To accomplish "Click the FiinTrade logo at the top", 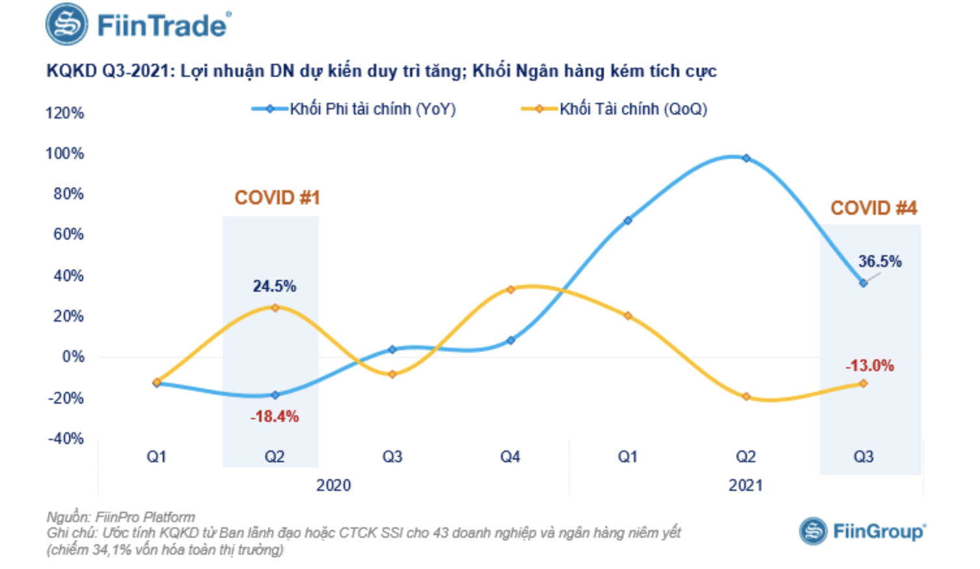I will click(x=138, y=25).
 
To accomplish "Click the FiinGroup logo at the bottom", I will click(x=862, y=531).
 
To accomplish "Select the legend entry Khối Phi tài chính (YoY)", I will click(x=354, y=109).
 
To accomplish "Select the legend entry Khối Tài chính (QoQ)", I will click(x=614, y=109).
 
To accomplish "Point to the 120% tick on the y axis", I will click(x=64, y=113).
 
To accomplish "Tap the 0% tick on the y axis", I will click(x=73, y=357).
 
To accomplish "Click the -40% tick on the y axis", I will click(x=66, y=438).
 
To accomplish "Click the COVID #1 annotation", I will click(x=277, y=197).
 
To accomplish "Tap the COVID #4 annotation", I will click(x=873, y=208).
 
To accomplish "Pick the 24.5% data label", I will click(x=274, y=286).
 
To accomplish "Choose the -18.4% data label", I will click(x=275, y=416).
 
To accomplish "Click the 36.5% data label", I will click(x=880, y=261).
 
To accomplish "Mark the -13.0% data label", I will click(x=869, y=365).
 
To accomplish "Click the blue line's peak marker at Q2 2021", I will click(x=746, y=158).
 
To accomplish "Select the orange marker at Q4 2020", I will click(x=510, y=290).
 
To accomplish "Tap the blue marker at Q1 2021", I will click(x=628, y=221).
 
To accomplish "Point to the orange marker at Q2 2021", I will click(x=746, y=396).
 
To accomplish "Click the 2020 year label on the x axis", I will click(x=333, y=485).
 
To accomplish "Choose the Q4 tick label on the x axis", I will click(x=510, y=456).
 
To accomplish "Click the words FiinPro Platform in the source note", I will click(x=145, y=517).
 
